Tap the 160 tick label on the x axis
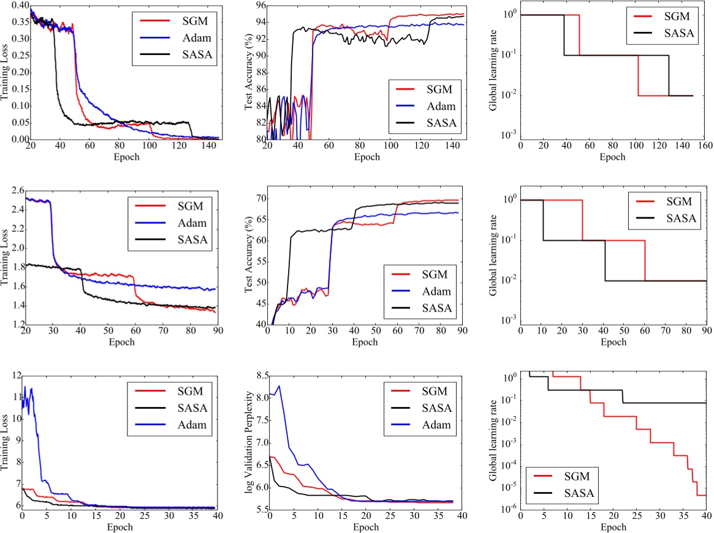pyautogui.click(x=705, y=147)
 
